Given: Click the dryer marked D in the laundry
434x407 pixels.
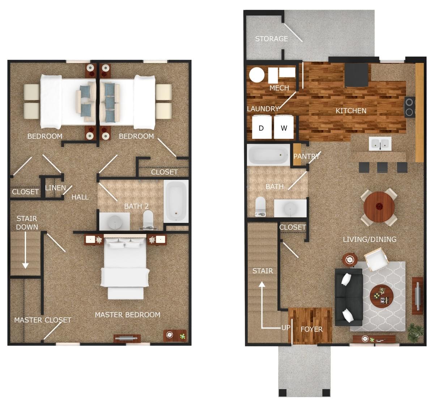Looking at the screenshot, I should [x=261, y=128].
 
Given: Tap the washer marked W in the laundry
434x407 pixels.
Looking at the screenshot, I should [x=284, y=128].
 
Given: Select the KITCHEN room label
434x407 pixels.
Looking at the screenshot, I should [x=351, y=111].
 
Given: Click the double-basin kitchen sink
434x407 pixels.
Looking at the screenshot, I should [x=380, y=144].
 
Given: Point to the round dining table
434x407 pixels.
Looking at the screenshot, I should [x=379, y=207].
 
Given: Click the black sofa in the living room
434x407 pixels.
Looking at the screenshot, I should [x=348, y=297].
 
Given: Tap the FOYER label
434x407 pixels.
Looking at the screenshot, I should [x=311, y=329].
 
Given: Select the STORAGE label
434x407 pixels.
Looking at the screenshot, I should [x=271, y=39].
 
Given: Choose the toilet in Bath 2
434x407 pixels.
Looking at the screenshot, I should [x=148, y=220].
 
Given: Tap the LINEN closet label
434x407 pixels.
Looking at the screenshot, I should [x=55, y=188].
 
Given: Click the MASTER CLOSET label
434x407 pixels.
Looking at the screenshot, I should [x=42, y=320].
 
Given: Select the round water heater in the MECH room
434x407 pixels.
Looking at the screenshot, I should [x=257, y=75].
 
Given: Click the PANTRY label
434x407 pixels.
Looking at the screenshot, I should [x=306, y=156].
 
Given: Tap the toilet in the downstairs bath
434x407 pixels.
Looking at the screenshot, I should [x=260, y=206].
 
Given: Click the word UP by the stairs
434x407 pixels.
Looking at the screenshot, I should [x=286, y=328].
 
